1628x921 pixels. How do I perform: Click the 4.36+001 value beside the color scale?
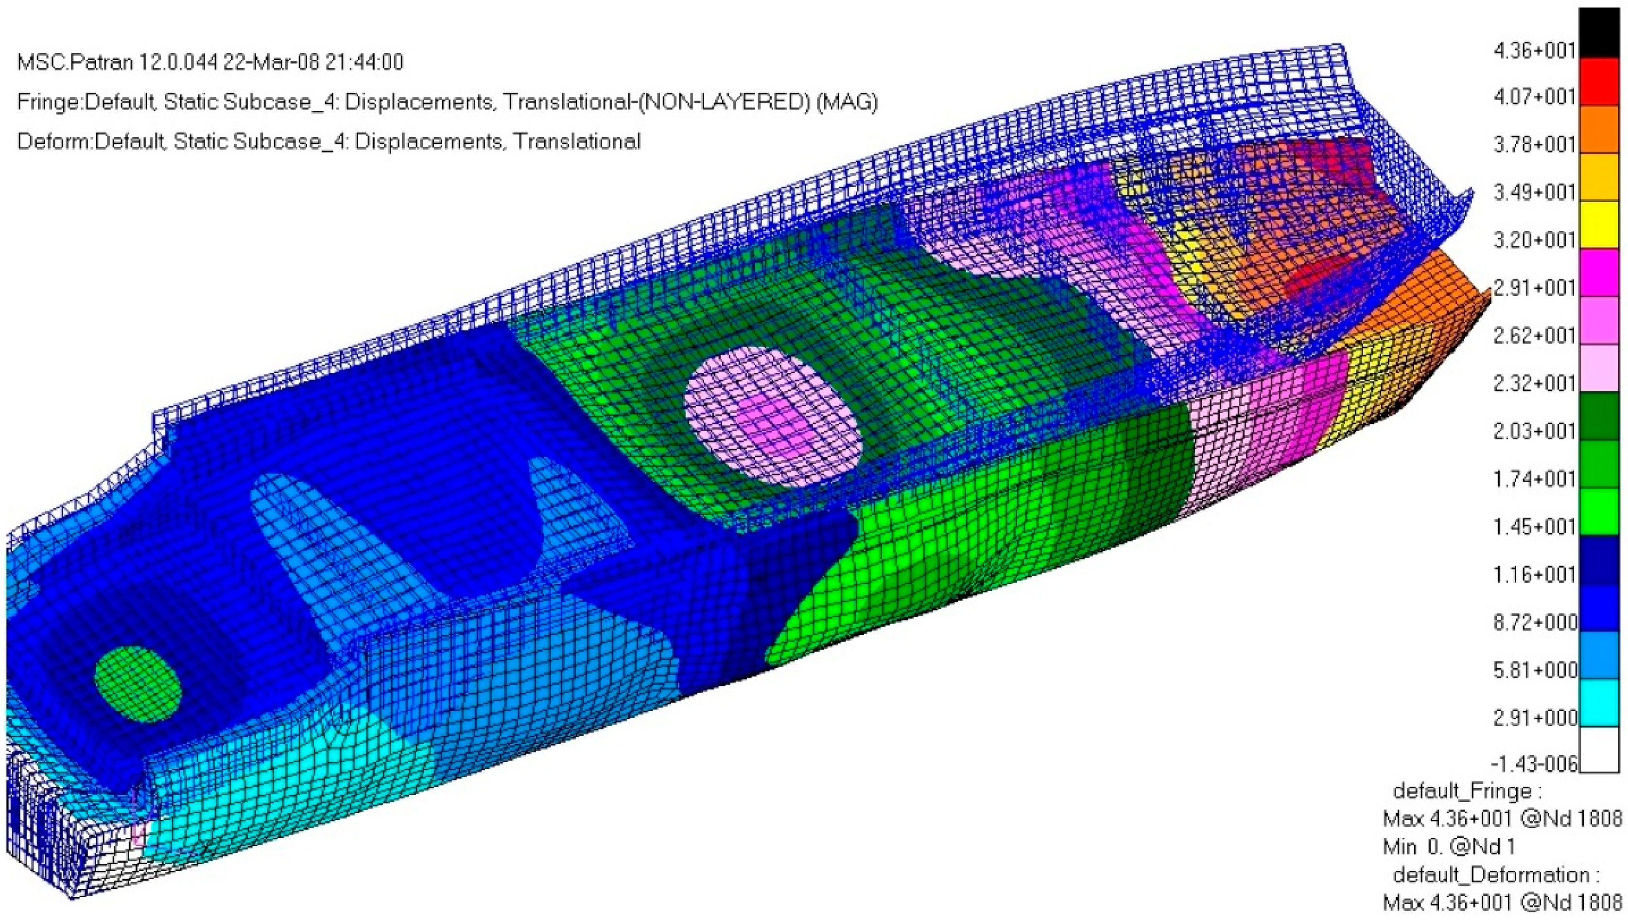pyautogui.click(x=1534, y=50)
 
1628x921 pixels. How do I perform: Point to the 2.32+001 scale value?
pyautogui.click(x=1534, y=383)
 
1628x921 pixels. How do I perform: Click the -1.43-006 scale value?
pyautogui.click(x=1533, y=764)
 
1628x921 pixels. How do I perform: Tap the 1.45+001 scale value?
pyautogui.click(x=1534, y=526)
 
